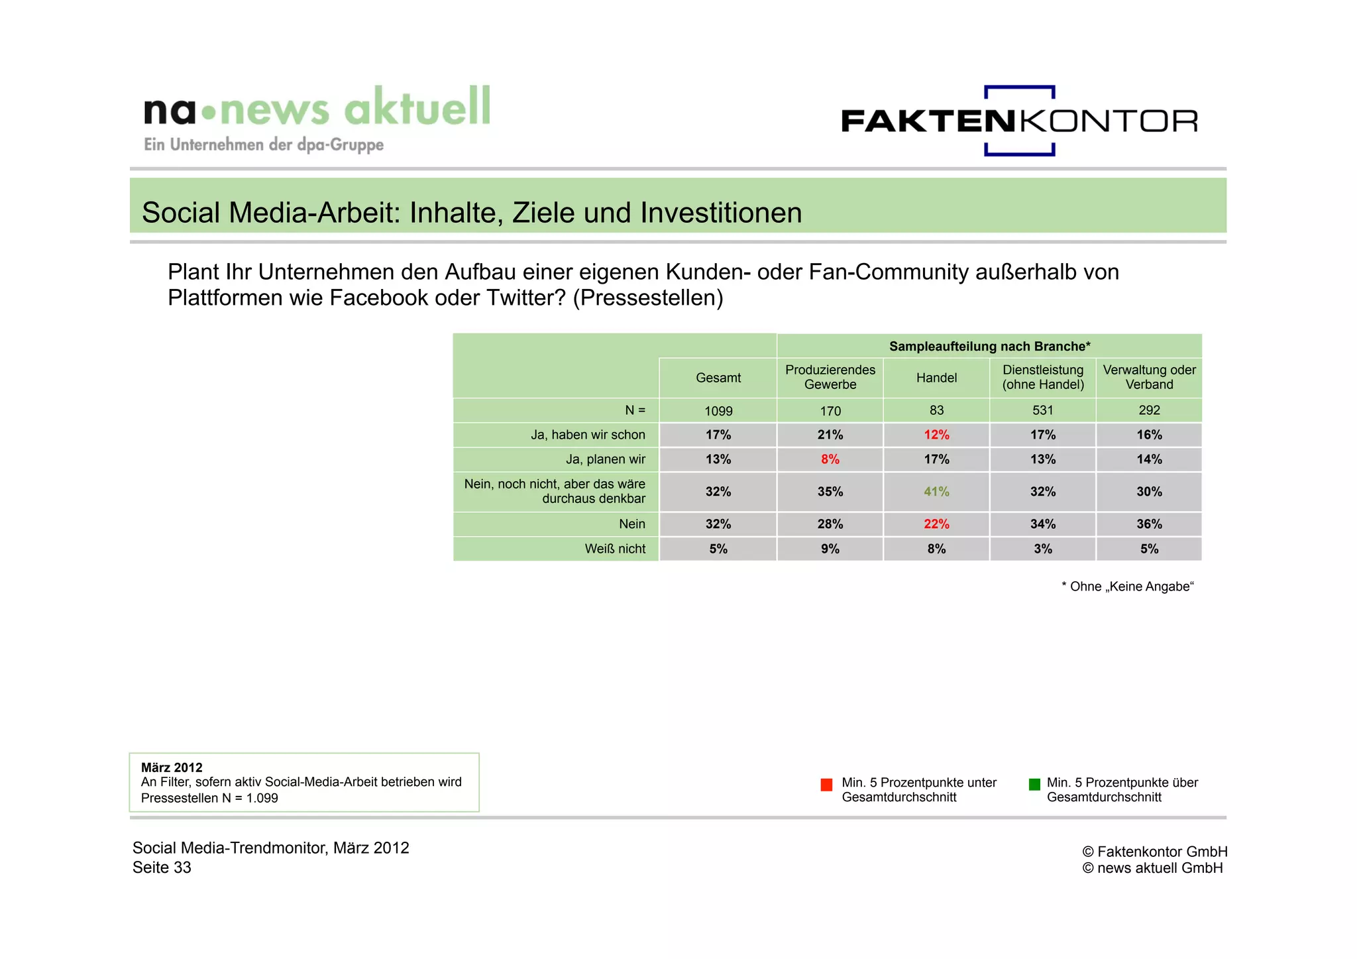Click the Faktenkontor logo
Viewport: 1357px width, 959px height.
pos(1019,121)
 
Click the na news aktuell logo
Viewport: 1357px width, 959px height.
pos(317,118)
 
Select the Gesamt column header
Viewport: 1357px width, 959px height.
pos(718,378)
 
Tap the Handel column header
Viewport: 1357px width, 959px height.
pos(936,378)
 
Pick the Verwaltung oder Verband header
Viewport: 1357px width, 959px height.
pos(1149,377)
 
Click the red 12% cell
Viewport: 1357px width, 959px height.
pos(936,435)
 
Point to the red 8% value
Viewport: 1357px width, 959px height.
pos(830,459)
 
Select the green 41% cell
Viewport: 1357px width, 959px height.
pos(936,492)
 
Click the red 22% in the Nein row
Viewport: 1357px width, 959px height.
pos(936,524)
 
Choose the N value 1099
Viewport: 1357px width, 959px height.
pos(718,411)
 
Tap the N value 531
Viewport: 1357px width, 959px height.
pos(1043,410)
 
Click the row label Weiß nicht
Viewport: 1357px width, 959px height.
pos(615,549)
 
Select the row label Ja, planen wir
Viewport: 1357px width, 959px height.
pos(605,459)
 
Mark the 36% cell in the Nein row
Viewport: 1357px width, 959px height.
pos(1149,524)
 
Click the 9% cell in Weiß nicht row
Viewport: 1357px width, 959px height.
pos(830,549)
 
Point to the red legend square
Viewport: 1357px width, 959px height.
pos(826,785)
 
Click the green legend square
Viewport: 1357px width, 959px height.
pos(1034,785)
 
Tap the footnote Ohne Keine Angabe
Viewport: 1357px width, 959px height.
pos(1127,587)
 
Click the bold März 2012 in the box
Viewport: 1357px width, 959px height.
pos(172,767)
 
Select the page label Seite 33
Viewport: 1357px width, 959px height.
pos(162,868)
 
